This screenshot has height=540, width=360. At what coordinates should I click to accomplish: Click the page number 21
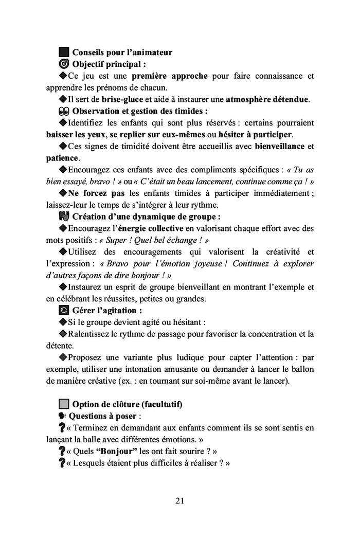[x=179, y=500]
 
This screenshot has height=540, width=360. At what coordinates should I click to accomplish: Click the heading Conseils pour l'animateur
[x=122, y=52]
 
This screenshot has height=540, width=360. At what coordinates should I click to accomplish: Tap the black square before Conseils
[x=64, y=52]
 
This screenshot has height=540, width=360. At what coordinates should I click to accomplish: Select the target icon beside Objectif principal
[x=64, y=64]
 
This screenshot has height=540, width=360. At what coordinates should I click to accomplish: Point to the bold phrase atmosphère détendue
[x=267, y=99]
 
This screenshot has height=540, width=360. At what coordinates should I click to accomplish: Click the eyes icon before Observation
[x=64, y=111]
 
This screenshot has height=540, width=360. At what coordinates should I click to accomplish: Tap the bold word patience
[x=62, y=158]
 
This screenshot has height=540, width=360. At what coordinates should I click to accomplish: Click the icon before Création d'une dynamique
[x=64, y=217]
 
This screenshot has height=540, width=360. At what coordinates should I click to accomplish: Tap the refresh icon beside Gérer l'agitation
[x=64, y=311]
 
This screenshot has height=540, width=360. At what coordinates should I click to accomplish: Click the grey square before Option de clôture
[x=64, y=404]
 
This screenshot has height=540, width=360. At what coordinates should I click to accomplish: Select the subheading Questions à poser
[x=103, y=416]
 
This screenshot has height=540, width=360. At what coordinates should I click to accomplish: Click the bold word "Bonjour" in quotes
[x=116, y=451]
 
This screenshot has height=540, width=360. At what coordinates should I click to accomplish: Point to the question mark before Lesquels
[x=62, y=463]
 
